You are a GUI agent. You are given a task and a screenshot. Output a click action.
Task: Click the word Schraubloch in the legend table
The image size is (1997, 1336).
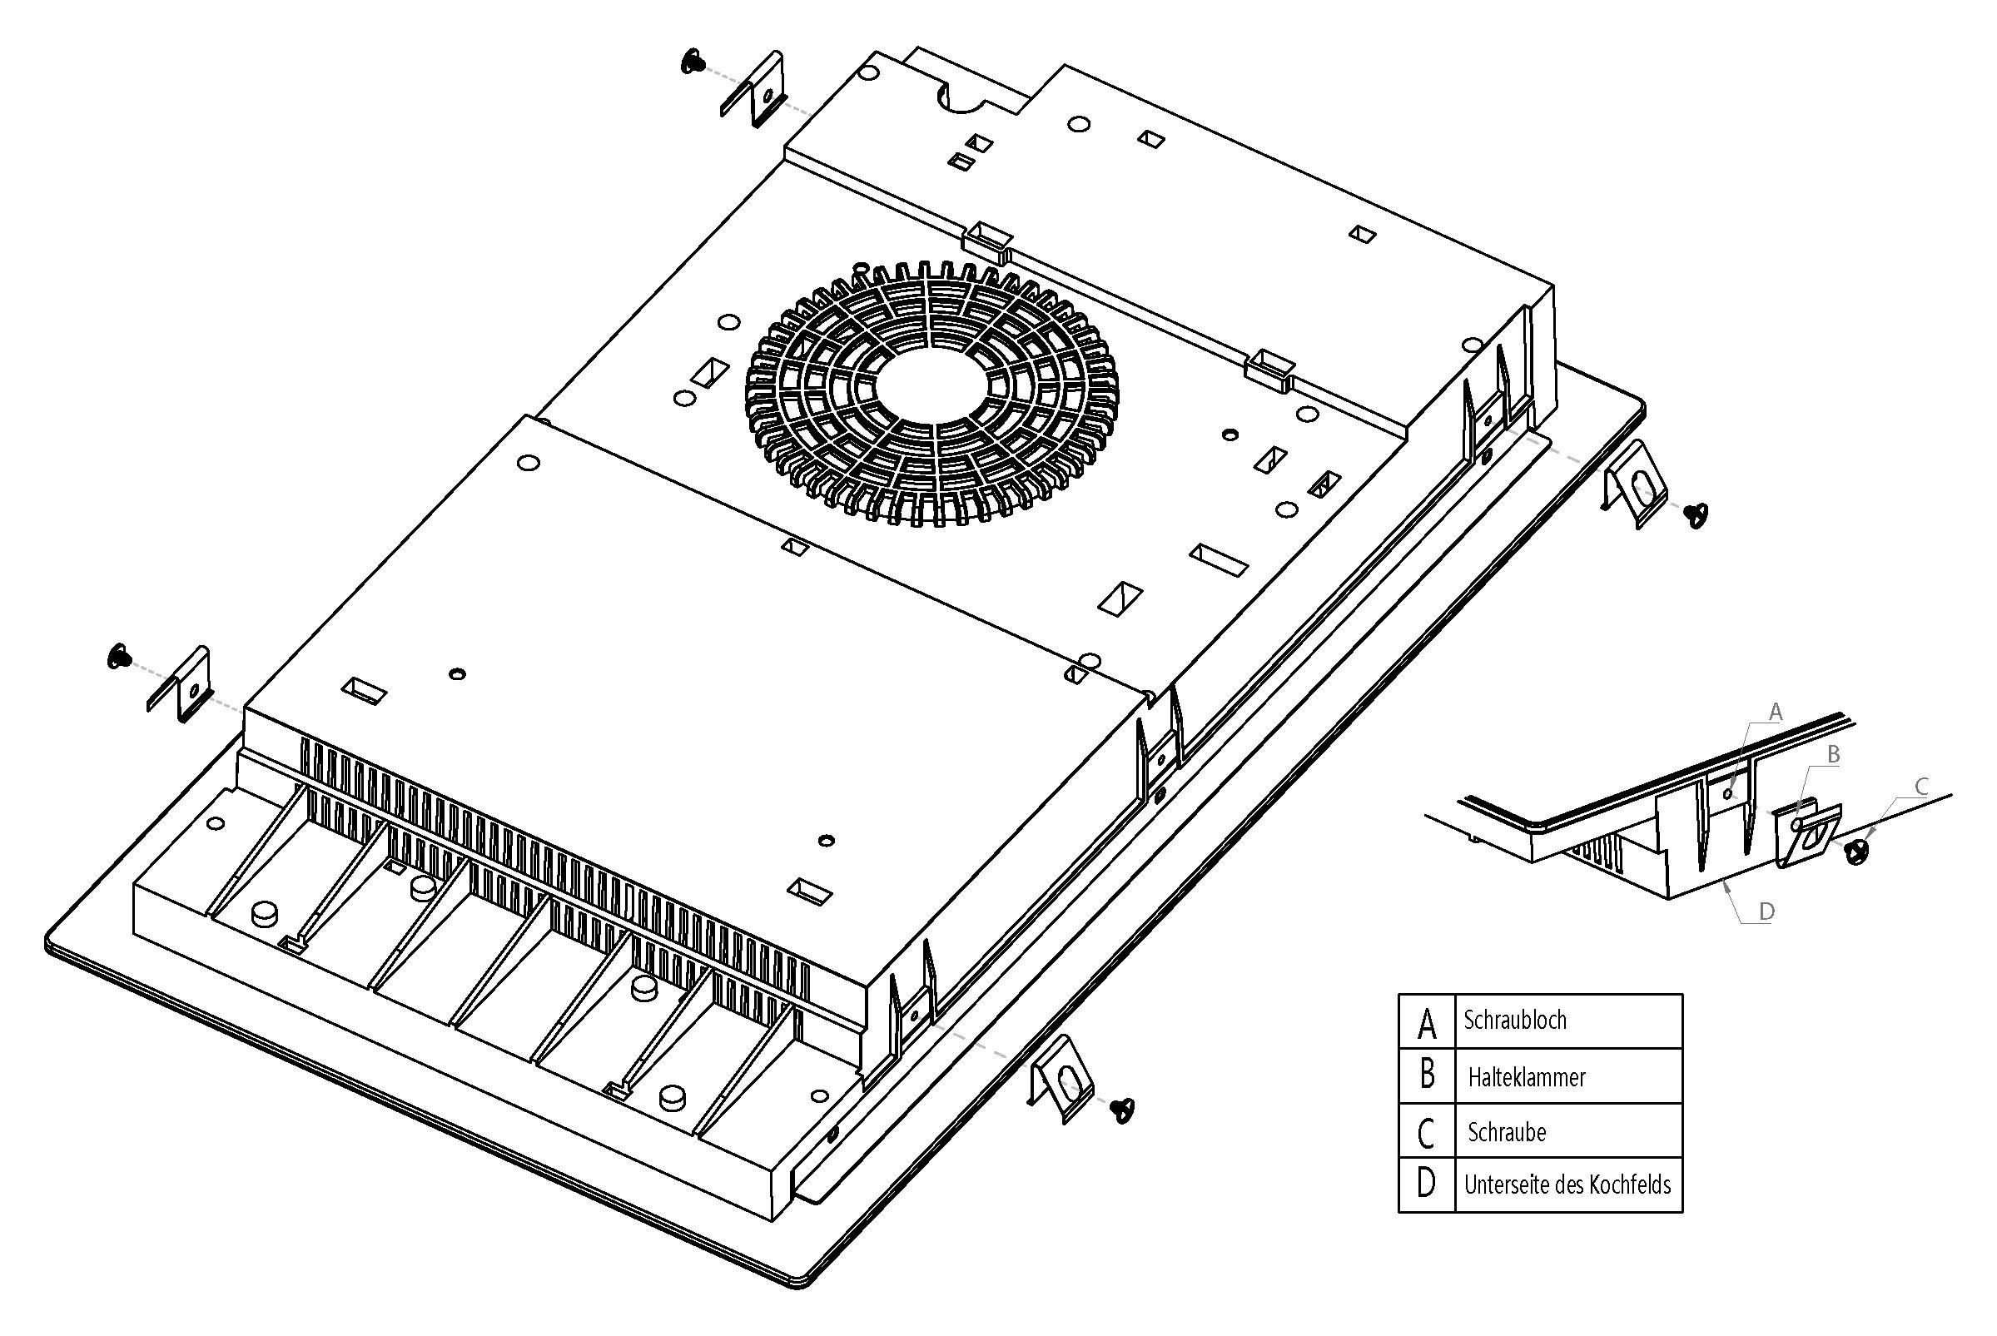tap(1514, 1020)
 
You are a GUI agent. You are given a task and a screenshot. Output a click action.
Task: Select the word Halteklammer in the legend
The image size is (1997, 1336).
tap(1526, 1077)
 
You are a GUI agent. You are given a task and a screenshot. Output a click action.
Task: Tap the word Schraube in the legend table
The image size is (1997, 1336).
tap(1506, 1132)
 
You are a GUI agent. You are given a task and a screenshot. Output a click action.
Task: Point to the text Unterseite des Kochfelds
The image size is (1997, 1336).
tap(1567, 1185)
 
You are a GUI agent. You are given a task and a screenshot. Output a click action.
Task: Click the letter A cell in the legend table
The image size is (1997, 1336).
tap(1426, 1021)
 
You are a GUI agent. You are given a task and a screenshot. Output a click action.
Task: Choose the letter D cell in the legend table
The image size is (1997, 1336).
tap(1425, 1184)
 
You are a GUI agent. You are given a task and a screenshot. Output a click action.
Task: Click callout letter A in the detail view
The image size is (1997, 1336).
tap(1775, 713)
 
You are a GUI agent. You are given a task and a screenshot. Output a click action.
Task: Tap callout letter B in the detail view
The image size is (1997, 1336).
tap(1833, 755)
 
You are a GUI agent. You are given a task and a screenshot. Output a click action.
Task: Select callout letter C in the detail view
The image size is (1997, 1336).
tap(1920, 787)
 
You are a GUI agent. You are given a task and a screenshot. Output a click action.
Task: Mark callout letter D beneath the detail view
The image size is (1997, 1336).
tap(1766, 911)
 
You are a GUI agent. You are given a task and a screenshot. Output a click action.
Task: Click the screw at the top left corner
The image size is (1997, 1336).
tap(693, 62)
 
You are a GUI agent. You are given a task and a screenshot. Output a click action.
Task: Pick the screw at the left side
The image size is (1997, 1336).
tap(119, 657)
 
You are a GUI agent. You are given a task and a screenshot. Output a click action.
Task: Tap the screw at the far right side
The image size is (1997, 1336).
tap(1696, 514)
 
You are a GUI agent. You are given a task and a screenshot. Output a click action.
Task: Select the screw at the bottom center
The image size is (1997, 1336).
tap(1124, 1109)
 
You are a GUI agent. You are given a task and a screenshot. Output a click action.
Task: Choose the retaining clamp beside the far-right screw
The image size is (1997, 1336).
tap(1634, 484)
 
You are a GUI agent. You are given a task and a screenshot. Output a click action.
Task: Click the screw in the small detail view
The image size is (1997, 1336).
tap(1858, 850)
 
